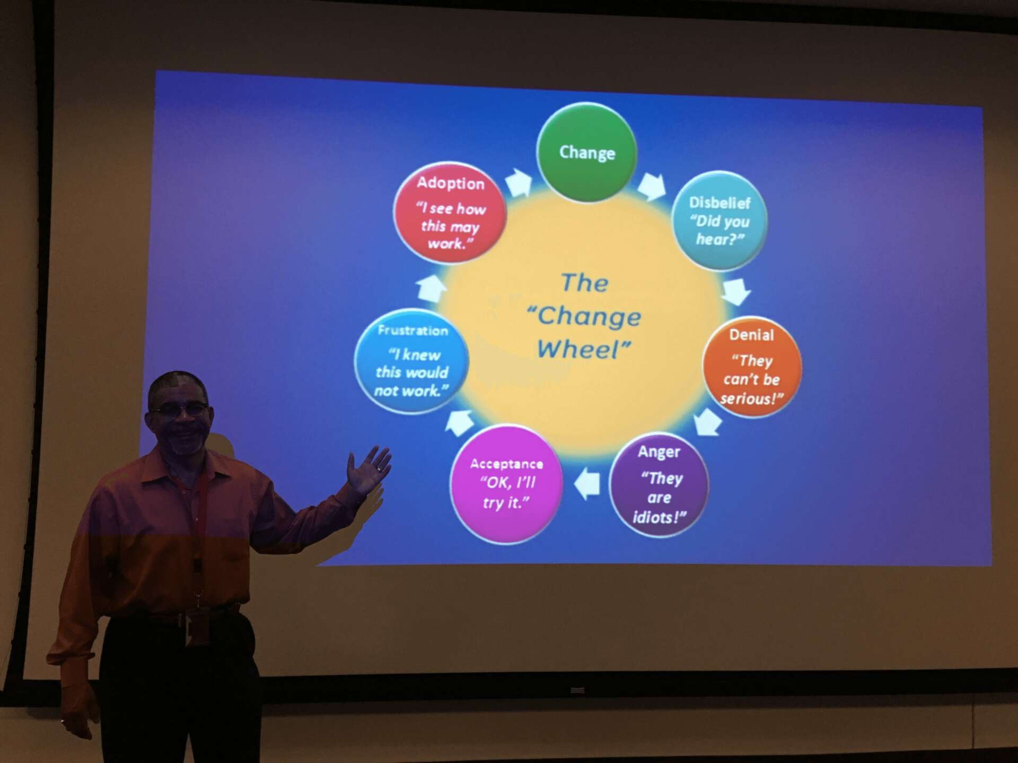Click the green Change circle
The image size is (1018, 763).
click(x=586, y=153)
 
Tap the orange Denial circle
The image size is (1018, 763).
click(x=752, y=367)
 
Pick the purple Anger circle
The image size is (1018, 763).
click(x=659, y=485)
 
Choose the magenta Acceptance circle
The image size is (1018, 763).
click(x=506, y=484)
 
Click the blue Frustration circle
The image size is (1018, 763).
click(x=411, y=361)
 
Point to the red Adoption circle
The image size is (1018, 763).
click(x=450, y=212)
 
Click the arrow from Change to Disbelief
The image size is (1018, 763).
click(x=651, y=186)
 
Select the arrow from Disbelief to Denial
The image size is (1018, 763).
click(x=736, y=291)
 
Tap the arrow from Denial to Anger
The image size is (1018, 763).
click(x=708, y=421)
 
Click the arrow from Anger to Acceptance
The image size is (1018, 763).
click(x=587, y=484)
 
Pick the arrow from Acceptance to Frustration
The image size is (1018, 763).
click(x=459, y=423)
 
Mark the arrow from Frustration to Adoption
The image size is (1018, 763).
click(x=431, y=288)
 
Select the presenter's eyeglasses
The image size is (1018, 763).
click(x=180, y=409)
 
